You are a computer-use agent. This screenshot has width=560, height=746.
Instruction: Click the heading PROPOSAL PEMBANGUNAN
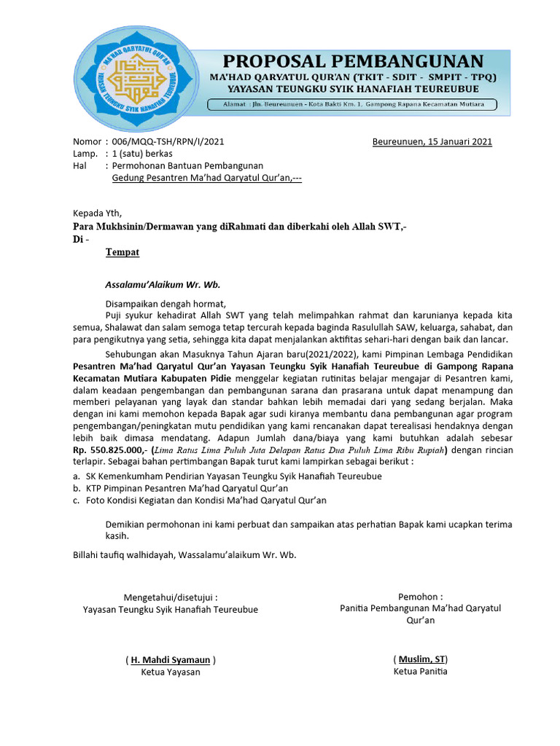click(353, 60)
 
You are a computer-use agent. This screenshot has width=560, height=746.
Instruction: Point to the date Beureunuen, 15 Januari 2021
click(432, 141)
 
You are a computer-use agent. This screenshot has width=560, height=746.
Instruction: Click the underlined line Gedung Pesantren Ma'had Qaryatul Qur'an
click(206, 178)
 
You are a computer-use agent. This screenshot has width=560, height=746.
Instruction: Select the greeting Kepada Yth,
click(98, 213)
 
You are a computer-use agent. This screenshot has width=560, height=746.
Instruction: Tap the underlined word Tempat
click(122, 252)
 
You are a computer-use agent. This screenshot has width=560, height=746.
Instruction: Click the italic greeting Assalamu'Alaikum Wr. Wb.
click(163, 284)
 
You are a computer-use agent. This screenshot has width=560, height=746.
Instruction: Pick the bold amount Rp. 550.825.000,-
click(109, 450)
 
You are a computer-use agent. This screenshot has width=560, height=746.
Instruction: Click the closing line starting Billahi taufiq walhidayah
click(184, 554)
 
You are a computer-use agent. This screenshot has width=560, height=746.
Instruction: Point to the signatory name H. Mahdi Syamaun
click(171, 660)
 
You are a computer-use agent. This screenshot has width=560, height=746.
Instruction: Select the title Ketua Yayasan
click(171, 672)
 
